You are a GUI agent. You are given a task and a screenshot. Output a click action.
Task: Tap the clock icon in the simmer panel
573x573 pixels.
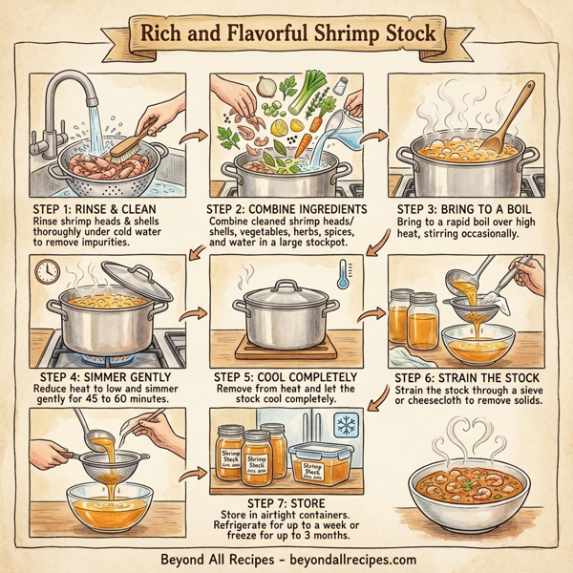(x=46, y=274)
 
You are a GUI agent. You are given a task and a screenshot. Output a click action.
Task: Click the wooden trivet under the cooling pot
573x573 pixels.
(x=285, y=346)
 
